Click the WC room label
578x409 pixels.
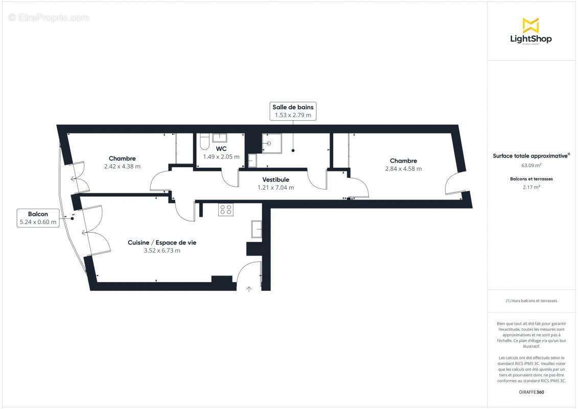click(x=221, y=149)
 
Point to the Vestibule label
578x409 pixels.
click(x=275, y=179)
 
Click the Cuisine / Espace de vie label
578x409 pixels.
click(x=161, y=242)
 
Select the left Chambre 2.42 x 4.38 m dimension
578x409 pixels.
click(x=122, y=166)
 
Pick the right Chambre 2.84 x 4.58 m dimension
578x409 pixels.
click(x=403, y=169)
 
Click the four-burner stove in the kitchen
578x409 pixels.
click(x=225, y=210)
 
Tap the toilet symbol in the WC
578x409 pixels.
click(x=204, y=140)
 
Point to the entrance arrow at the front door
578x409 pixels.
click(x=249, y=289)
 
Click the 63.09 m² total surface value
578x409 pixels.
click(x=531, y=165)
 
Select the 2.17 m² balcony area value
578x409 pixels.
click(x=531, y=187)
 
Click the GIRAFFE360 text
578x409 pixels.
click(x=531, y=392)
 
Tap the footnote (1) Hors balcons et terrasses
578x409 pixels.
click(x=531, y=301)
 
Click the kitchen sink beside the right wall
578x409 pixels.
click(x=256, y=229)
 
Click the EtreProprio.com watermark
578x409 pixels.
click(x=49, y=17)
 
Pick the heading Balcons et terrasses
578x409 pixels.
click(x=531, y=179)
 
